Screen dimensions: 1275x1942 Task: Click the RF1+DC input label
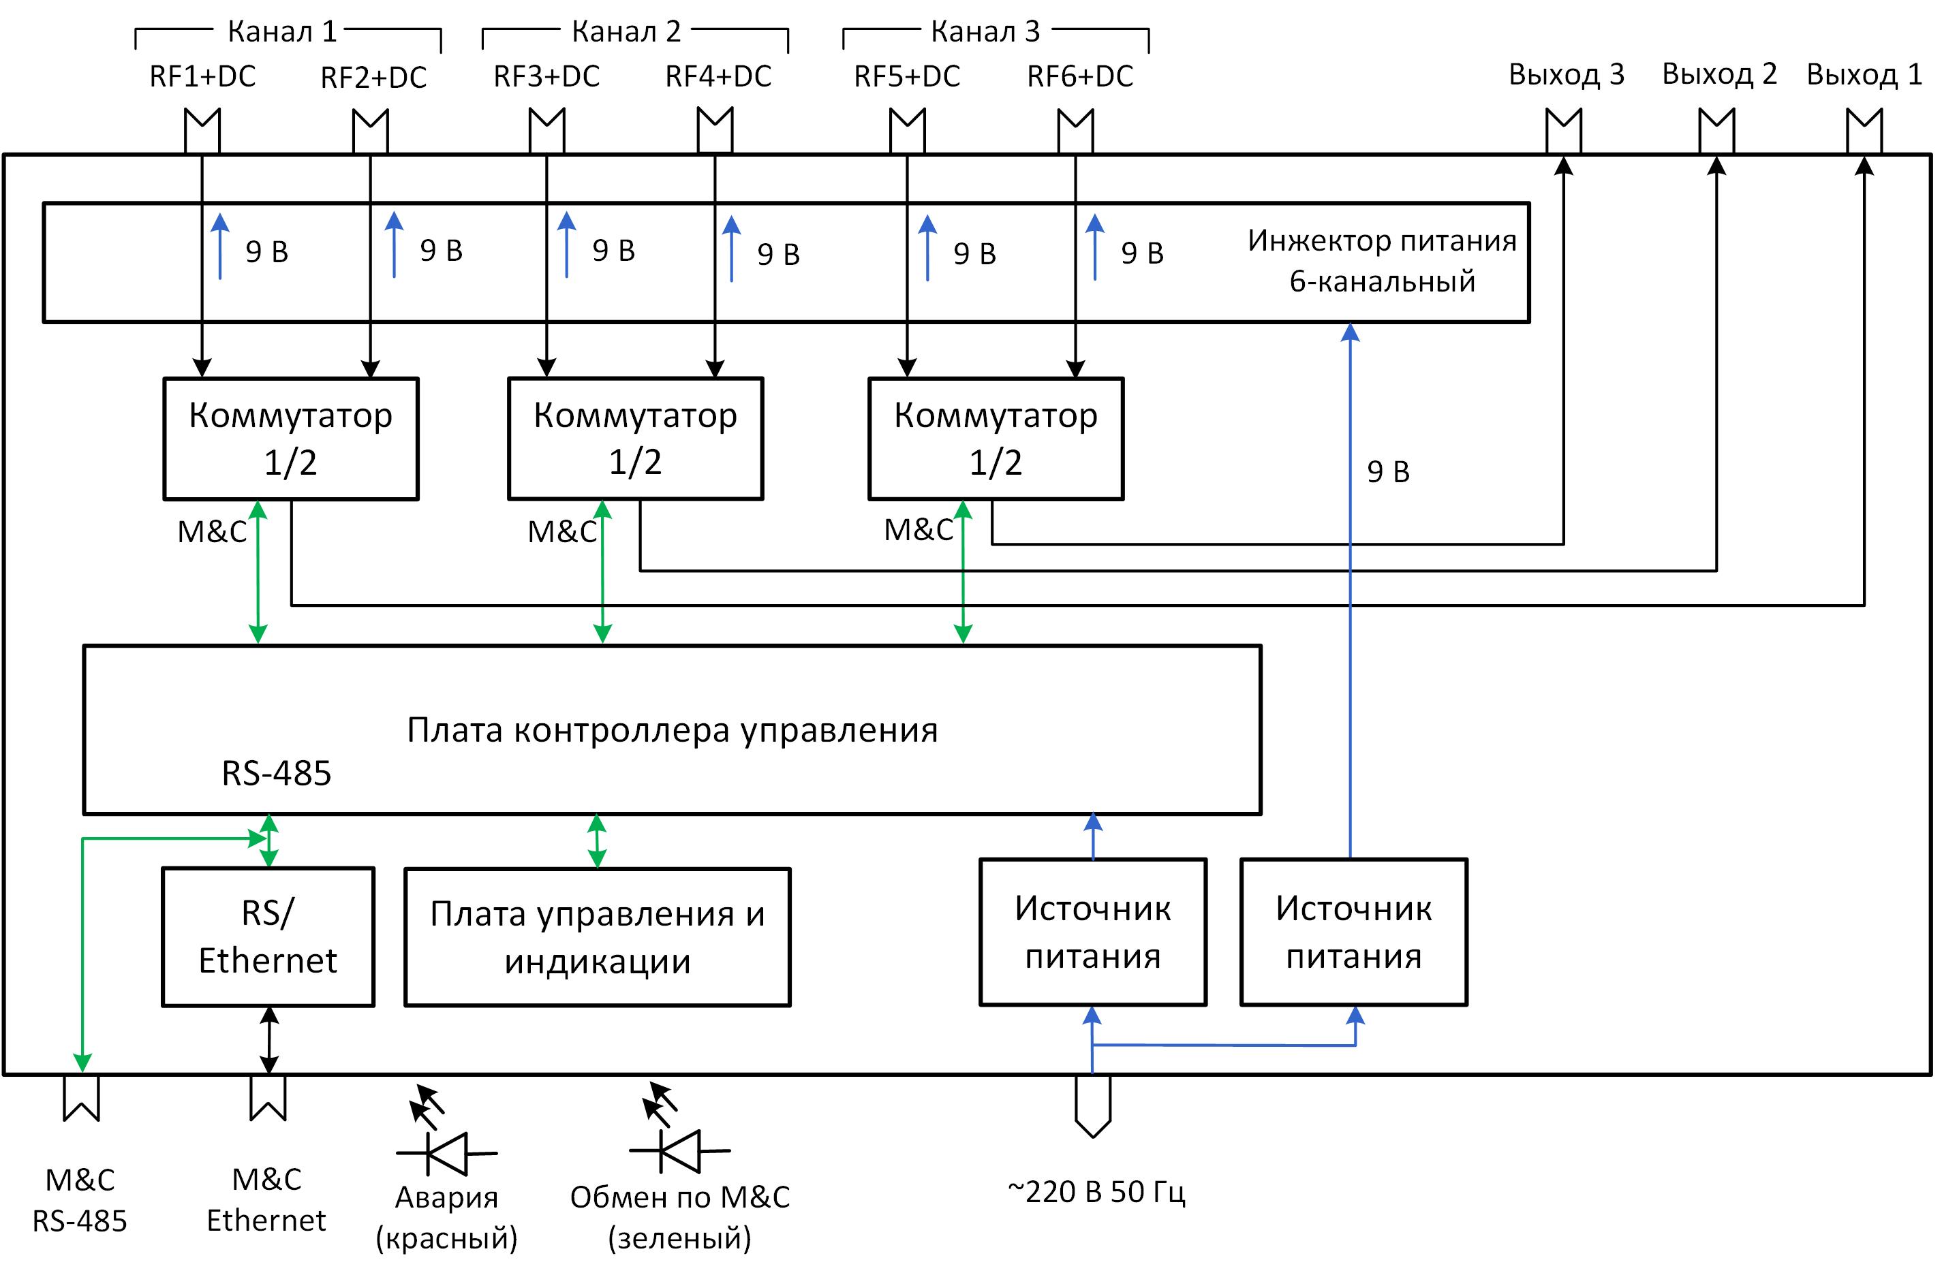pos(202,77)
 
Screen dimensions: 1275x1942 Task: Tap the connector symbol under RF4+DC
pos(715,131)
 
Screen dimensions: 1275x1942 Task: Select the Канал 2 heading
pos(626,32)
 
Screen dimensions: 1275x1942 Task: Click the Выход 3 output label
pos(1566,75)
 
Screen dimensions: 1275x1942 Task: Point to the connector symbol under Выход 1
pos(1864,131)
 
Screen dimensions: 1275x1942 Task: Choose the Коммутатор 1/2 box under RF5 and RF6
pos(996,438)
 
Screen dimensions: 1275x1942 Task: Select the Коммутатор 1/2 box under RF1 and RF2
pos(290,438)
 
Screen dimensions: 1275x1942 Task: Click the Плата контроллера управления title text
pos(672,730)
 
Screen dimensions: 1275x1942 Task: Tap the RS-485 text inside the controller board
pos(277,773)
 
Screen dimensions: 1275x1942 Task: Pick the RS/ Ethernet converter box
pos(268,936)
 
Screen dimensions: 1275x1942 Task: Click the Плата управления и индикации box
pos(598,937)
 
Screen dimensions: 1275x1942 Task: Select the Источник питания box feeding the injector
pos(1354,932)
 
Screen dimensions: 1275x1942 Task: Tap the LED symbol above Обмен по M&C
pos(678,1150)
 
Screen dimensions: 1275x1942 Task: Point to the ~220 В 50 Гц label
pos(1096,1192)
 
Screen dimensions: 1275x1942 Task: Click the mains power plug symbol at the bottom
pos(1092,1106)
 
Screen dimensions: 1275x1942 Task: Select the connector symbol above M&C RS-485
pos(82,1098)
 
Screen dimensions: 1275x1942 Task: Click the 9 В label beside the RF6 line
pos(1141,253)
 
